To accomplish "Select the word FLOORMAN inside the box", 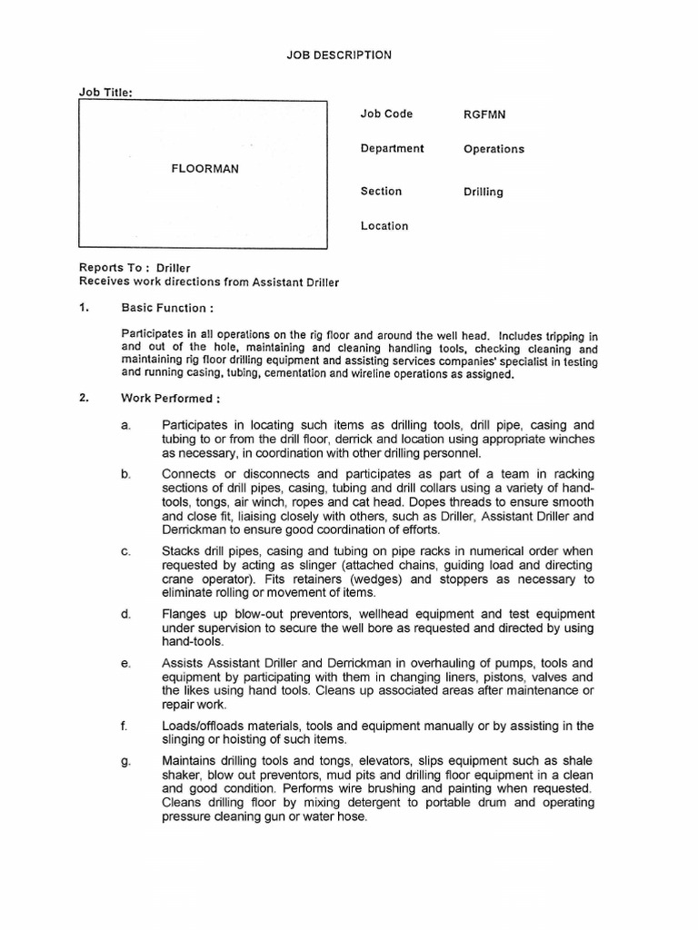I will click(x=205, y=169).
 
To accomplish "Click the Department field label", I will click(x=392, y=149).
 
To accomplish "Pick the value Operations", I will click(x=494, y=150).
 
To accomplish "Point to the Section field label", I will click(x=381, y=192).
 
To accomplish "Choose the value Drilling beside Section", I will click(x=483, y=193).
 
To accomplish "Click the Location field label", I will click(x=384, y=226).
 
